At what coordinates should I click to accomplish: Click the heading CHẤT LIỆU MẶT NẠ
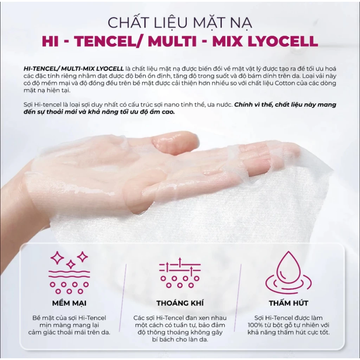(180, 22)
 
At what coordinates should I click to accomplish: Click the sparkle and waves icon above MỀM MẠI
(69, 272)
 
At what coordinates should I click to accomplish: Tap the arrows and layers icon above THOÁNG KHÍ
(180, 272)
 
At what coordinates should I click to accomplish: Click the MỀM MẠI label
(69, 303)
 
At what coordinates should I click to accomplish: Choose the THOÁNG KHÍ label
(180, 303)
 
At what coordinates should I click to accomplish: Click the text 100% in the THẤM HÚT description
(255, 325)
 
